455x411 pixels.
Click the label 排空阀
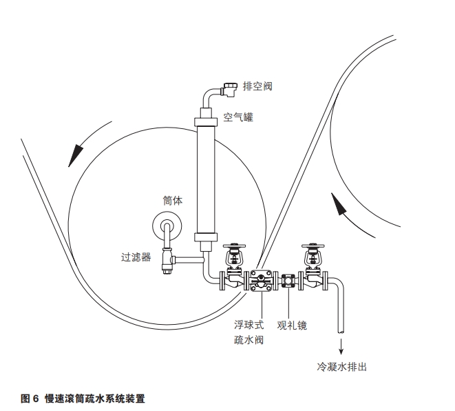tap(259, 86)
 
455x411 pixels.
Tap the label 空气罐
tap(238, 118)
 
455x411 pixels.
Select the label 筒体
tap(172, 201)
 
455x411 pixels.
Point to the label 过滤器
tap(136, 258)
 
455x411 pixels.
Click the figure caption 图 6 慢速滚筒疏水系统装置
tap(83, 399)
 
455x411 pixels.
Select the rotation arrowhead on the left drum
tap(74, 154)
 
